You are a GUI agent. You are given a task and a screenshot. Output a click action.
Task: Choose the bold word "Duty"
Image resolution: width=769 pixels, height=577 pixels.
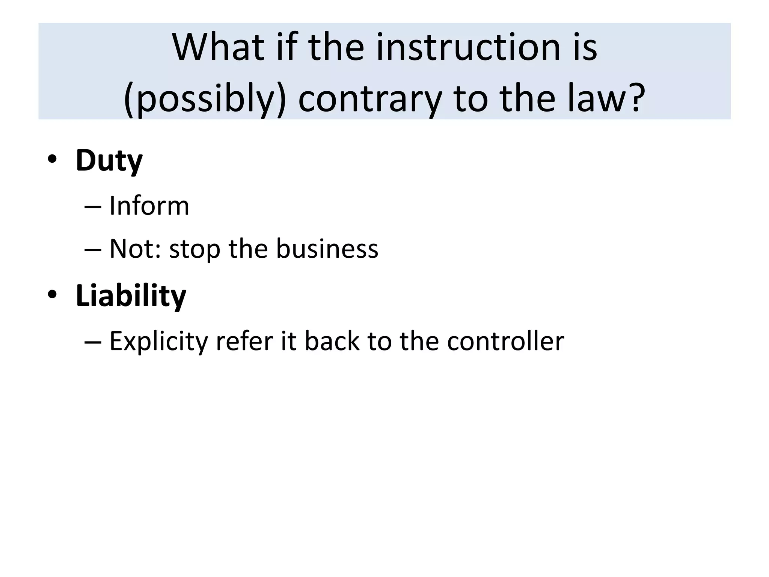click(x=109, y=161)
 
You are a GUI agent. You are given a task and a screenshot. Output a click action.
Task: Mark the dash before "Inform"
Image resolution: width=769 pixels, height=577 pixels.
click(x=93, y=207)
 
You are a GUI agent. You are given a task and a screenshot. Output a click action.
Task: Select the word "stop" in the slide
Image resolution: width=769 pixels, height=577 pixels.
click(x=195, y=249)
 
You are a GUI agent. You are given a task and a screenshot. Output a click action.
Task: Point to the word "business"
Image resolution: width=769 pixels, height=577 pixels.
click(x=327, y=249)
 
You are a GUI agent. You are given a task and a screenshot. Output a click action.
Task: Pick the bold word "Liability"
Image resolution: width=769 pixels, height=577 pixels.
click(x=131, y=296)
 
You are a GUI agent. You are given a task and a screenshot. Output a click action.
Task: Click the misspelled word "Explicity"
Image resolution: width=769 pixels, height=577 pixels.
click(x=158, y=341)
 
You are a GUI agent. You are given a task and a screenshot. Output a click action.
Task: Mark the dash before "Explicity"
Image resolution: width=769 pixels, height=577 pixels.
click(x=93, y=342)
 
